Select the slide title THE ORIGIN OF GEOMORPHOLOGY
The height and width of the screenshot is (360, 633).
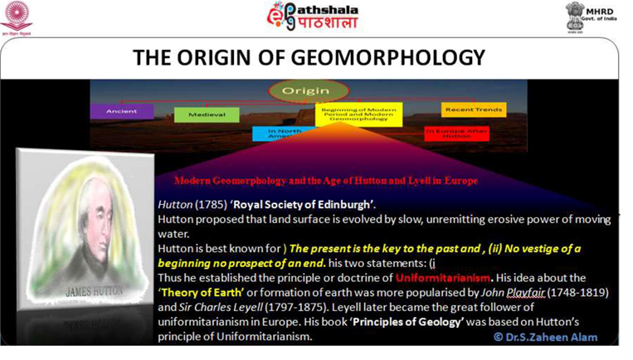(309, 57)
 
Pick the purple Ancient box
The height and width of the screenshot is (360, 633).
(122, 110)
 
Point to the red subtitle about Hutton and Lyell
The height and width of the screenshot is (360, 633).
(325, 180)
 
